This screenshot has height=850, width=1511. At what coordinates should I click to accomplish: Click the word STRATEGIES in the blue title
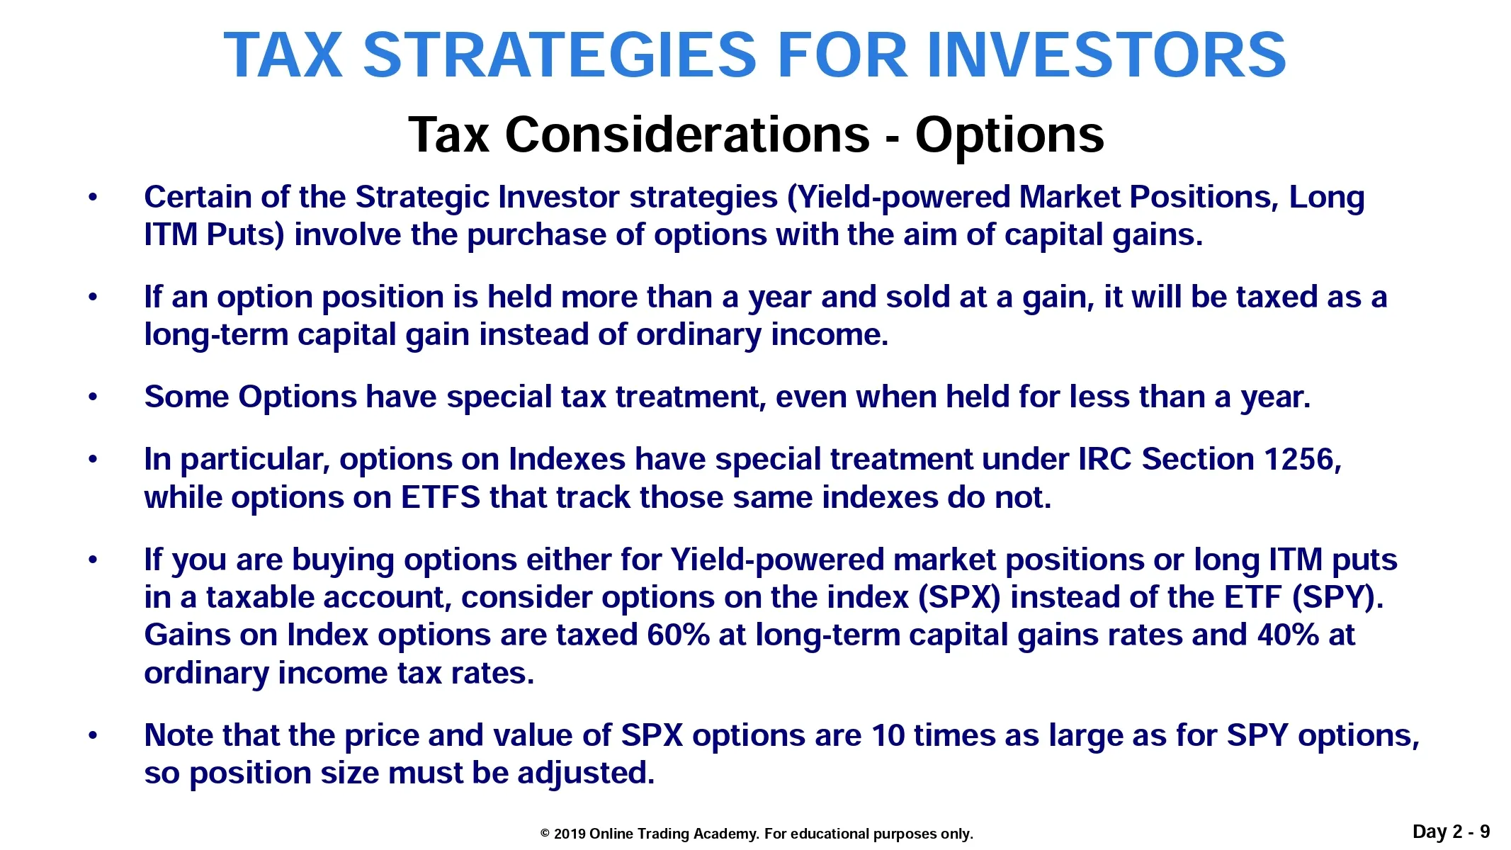coord(560,55)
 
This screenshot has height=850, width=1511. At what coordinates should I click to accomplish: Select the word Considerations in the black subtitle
coord(687,135)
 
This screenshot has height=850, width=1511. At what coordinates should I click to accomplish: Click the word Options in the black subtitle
coord(1009,135)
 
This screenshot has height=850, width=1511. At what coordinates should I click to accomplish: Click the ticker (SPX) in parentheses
coord(959,598)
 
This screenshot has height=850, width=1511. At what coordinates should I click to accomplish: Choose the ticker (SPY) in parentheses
coord(1336,598)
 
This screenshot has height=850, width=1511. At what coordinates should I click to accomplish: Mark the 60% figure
coord(678,635)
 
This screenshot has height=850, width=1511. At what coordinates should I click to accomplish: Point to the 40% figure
coord(1288,635)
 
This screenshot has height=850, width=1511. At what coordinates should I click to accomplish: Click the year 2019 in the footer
coord(570,834)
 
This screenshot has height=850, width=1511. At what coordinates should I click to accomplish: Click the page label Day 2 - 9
coord(1451,832)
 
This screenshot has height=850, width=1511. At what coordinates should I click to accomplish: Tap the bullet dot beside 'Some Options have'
coord(93,397)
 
